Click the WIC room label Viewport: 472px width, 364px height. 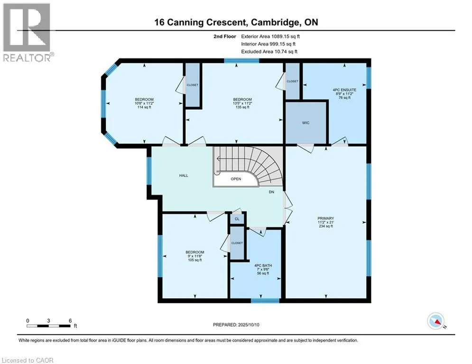point(305,123)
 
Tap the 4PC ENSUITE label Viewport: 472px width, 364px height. point(344,90)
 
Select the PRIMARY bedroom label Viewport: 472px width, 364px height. point(326,218)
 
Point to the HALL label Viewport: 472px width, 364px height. point(184,175)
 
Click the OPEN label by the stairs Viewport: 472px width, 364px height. point(236,179)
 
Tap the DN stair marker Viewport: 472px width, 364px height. point(271,192)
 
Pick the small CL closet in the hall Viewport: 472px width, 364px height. point(237,218)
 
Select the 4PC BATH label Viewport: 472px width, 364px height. point(263,265)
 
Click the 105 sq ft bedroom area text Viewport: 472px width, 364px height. point(195,260)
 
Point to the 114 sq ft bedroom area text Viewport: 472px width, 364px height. point(144,107)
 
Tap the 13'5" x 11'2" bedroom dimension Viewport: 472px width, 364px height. point(242,103)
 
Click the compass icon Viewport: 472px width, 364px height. point(436,321)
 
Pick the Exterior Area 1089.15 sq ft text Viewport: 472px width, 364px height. point(270,36)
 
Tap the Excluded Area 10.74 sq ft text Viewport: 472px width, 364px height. point(269,52)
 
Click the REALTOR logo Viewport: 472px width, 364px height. point(27,33)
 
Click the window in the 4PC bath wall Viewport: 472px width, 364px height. point(265,300)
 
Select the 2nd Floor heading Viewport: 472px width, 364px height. point(224,36)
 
